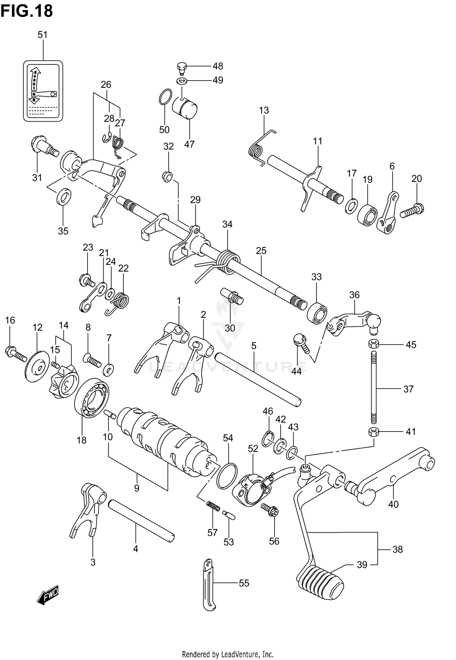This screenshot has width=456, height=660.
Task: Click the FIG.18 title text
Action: pyautogui.click(x=27, y=11)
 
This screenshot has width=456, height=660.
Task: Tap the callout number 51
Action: pyautogui.click(x=43, y=35)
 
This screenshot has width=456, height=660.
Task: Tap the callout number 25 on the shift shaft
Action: pyautogui.click(x=261, y=251)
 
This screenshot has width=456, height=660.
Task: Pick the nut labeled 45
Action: pyautogui.click(x=374, y=344)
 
